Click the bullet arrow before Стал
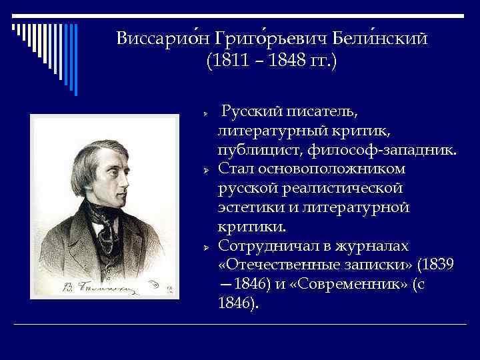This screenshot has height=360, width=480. tap(207, 171)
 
